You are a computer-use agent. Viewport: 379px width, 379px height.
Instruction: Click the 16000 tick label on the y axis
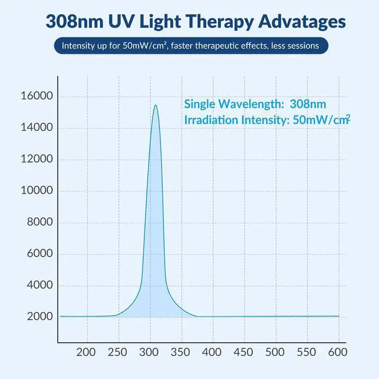click(x=37, y=97)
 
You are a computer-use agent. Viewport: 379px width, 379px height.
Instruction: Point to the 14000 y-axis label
click(x=37, y=128)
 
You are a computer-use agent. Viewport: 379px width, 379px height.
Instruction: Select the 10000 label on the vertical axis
click(x=37, y=191)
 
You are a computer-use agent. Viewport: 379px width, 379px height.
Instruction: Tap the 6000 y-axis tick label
click(x=39, y=254)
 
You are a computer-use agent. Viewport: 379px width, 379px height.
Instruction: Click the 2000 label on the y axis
click(x=39, y=317)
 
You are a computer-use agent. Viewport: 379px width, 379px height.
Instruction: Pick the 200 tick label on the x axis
click(x=87, y=352)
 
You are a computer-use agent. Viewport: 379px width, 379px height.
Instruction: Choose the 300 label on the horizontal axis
click(x=149, y=352)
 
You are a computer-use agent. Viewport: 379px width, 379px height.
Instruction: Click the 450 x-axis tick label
click(x=243, y=352)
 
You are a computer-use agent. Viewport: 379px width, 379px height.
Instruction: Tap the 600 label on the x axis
click(x=338, y=352)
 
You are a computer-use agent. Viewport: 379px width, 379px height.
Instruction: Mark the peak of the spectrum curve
click(x=155, y=105)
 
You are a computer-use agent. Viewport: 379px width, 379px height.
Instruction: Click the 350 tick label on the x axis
click(x=181, y=352)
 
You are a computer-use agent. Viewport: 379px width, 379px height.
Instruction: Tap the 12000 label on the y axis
click(x=37, y=159)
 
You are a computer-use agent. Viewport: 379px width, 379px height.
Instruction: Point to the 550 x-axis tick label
click(x=306, y=352)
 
